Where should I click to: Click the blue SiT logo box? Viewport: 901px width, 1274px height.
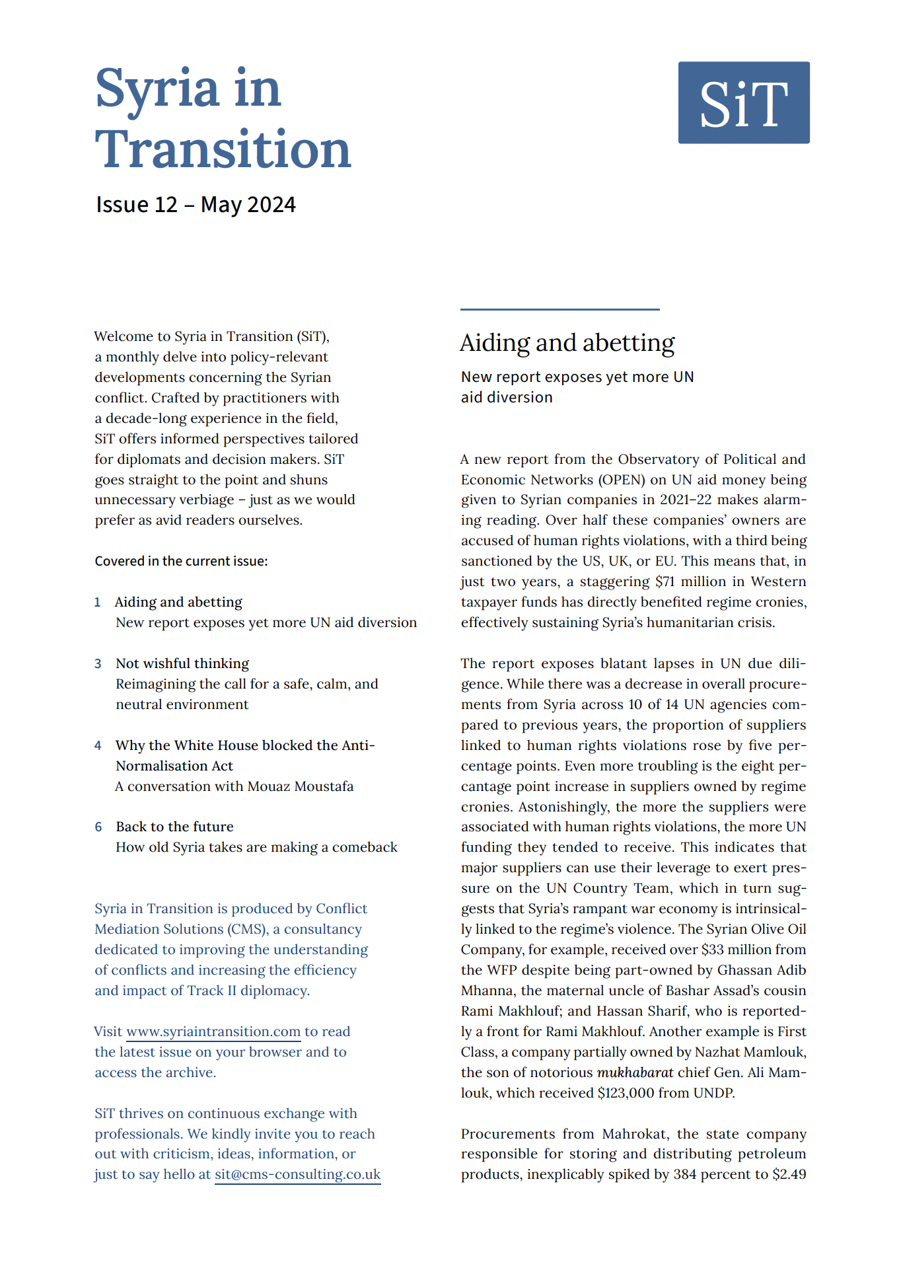tap(743, 102)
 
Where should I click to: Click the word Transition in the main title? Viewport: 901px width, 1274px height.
tap(223, 149)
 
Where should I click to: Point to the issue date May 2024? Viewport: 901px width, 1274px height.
tap(248, 205)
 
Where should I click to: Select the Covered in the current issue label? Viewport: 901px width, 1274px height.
tap(181, 561)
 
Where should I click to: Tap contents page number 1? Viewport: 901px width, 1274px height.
tap(97, 602)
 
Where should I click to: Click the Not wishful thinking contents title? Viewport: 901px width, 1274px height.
tap(182, 663)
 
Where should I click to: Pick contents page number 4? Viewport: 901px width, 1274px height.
tap(98, 745)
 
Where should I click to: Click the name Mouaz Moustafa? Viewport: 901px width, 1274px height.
tap(300, 786)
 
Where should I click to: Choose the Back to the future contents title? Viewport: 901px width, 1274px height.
tap(174, 827)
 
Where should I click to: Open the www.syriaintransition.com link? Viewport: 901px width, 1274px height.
tap(213, 1031)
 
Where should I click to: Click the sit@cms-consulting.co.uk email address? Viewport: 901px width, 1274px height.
tap(297, 1174)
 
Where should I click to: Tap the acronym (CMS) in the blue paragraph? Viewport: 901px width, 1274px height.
tap(248, 929)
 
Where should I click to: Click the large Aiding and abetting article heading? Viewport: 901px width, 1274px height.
tap(567, 343)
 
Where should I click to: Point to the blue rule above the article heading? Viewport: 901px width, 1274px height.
tap(559, 309)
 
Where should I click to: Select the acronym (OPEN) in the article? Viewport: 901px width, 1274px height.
tap(622, 480)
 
